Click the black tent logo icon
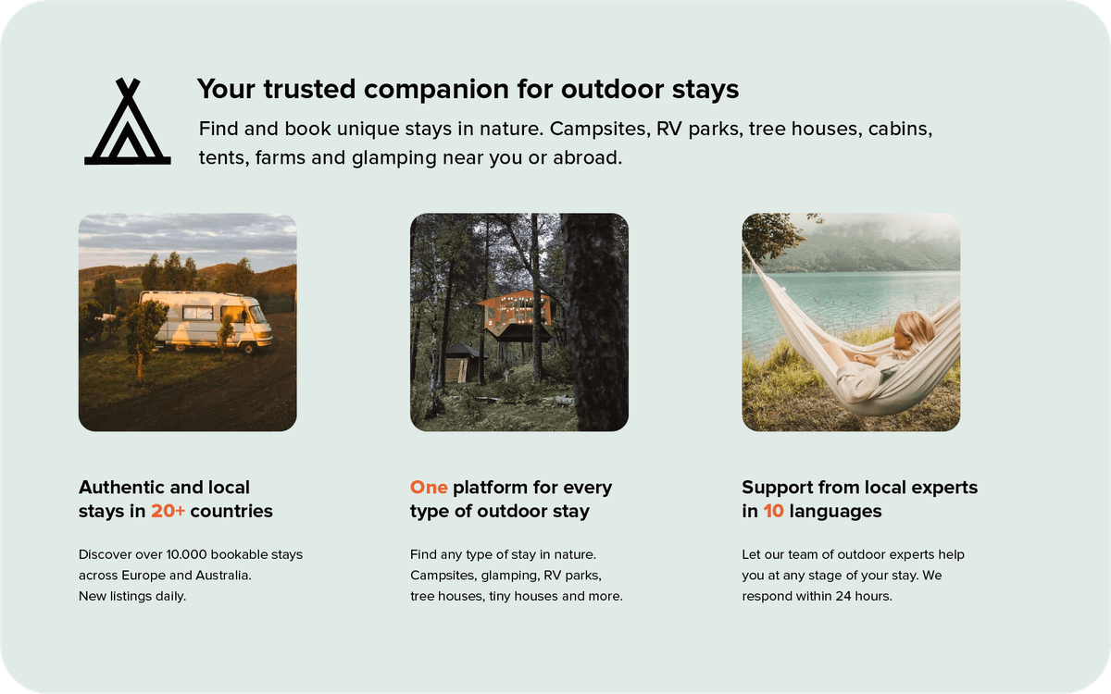127,123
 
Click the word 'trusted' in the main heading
306,89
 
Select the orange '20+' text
168,511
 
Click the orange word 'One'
429,487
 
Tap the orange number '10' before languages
774,511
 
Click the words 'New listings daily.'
132,595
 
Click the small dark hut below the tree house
461,363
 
